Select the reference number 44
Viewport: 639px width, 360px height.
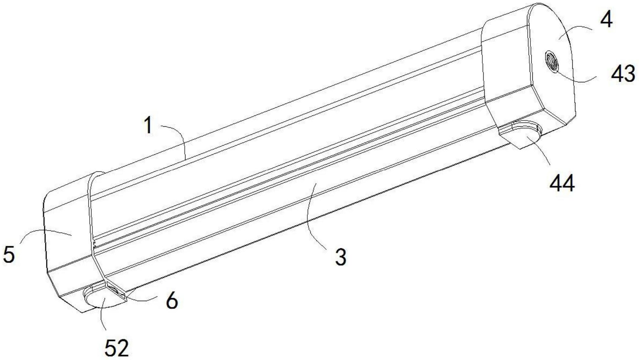(x=562, y=184)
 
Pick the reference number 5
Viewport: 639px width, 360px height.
(x=9, y=254)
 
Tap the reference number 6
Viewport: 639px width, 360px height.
(x=172, y=300)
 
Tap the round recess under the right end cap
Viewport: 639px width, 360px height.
(x=523, y=137)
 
